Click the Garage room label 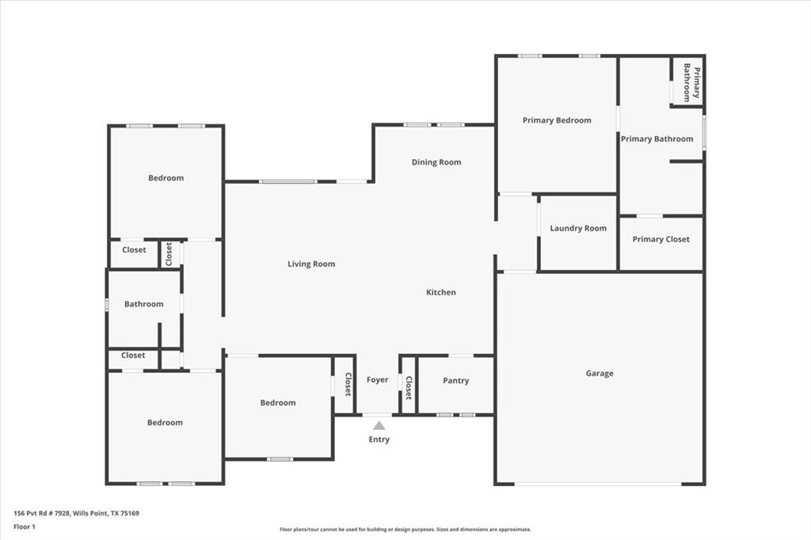(x=600, y=374)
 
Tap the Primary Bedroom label (x=557, y=120)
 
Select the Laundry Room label (x=578, y=229)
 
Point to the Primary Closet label (x=661, y=239)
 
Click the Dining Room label (x=436, y=162)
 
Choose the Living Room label (x=311, y=264)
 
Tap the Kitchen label (x=441, y=293)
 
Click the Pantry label (x=455, y=381)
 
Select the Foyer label (x=378, y=380)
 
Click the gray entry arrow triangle (x=379, y=426)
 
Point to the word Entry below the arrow (x=379, y=439)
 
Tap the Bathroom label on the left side (x=144, y=304)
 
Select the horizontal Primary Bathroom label (x=657, y=139)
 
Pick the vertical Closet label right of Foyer (x=409, y=387)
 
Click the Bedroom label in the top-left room (x=166, y=178)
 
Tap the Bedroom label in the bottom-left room (x=165, y=423)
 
